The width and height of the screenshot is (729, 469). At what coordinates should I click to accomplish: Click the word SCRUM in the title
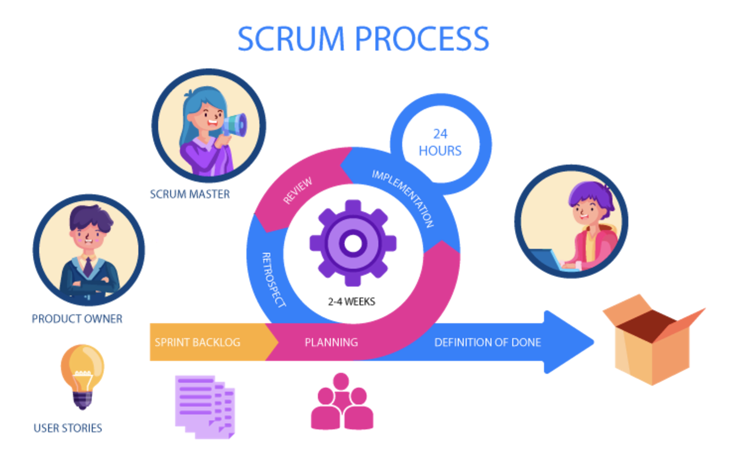291,39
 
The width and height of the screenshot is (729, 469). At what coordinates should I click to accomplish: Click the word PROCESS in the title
422,39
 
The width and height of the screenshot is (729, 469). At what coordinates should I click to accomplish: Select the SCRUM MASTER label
190,194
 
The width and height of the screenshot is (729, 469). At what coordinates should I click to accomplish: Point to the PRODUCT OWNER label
77,319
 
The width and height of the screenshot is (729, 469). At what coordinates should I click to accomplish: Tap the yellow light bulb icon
82,375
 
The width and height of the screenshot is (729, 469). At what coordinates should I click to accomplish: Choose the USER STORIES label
68,428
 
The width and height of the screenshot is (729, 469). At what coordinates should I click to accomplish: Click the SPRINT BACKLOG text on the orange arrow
197,343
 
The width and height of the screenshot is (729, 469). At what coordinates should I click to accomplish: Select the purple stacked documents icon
204,407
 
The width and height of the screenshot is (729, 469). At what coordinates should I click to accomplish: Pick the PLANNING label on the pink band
331,343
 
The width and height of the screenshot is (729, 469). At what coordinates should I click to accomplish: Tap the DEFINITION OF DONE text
487,343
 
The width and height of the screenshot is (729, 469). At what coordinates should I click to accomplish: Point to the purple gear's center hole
353,243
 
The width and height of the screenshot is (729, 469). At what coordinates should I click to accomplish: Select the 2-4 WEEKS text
352,301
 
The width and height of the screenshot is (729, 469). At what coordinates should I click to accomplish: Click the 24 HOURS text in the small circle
440,143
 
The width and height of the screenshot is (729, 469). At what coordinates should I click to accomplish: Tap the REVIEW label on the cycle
298,190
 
